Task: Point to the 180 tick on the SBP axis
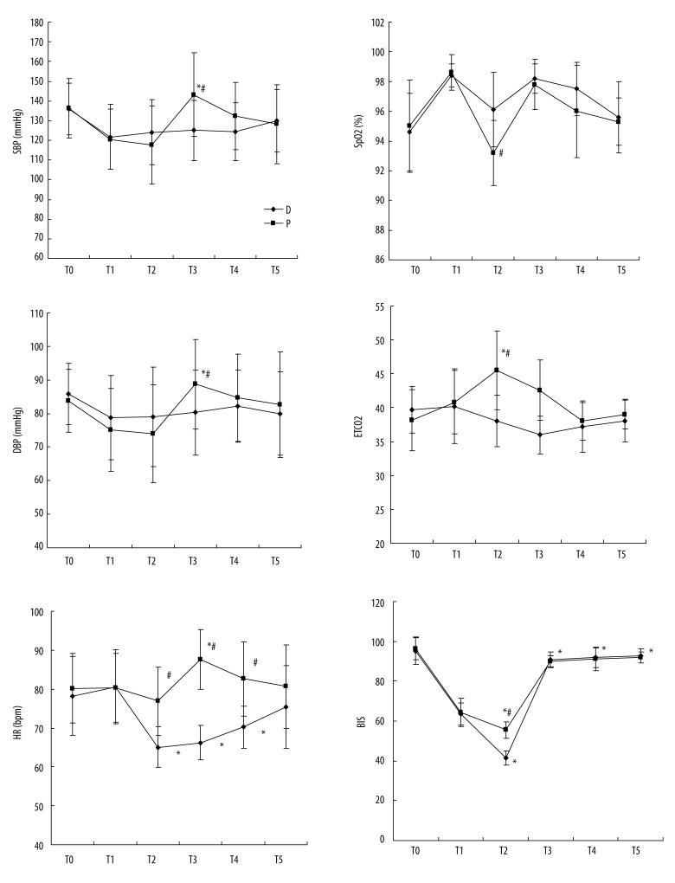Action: (37, 22)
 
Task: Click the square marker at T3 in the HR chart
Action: (201, 660)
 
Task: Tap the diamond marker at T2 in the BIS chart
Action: (505, 758)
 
